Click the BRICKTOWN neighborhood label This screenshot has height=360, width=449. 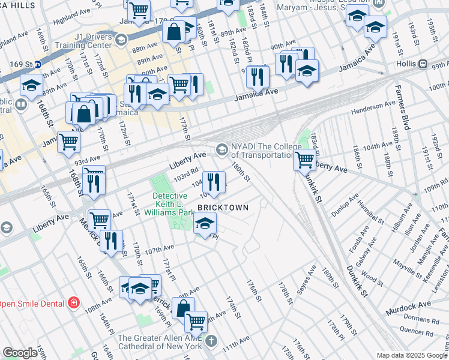pos(223,207)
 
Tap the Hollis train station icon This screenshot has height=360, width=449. pos(423,64)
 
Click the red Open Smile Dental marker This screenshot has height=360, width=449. pos(74,302)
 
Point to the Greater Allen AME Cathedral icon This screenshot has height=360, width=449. pos(210,341)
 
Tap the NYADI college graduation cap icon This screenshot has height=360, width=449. pos(222,149)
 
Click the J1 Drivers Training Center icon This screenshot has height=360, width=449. pos(122,40)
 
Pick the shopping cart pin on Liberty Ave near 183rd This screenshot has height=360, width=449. pos(305,159)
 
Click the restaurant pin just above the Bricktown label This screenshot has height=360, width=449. pos(214,181)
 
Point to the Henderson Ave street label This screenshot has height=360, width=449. pos(373,107)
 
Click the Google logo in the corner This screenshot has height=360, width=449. pos(20,353)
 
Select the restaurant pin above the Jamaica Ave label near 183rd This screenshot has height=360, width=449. pos(258,76)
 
